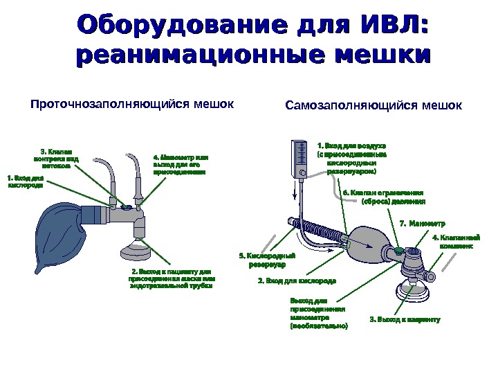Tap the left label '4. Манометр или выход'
point(180,164)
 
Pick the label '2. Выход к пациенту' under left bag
point(172,278)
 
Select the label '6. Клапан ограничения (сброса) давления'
point(382,197)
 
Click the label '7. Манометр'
point(423,223)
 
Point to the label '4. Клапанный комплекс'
point(452,241)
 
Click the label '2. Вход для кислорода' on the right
point(297,281)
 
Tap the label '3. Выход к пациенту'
point(405,319)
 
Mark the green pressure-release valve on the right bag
point(399,248)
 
